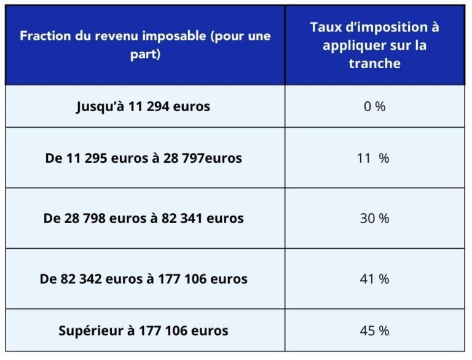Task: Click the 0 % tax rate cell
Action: pos(374,107)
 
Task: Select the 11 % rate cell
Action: pos(374,158)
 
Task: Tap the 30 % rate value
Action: pos(374,218)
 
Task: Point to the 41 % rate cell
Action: pos(374,279)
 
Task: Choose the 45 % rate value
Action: pos(374,331)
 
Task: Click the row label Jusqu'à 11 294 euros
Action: pos(143,106)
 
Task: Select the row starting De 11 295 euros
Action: pos(143,158)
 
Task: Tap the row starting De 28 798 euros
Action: pos(143,218)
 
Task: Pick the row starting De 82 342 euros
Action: pos(143,279)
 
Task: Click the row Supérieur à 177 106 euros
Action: pos(143,331)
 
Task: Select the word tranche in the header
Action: pos(374,63)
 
